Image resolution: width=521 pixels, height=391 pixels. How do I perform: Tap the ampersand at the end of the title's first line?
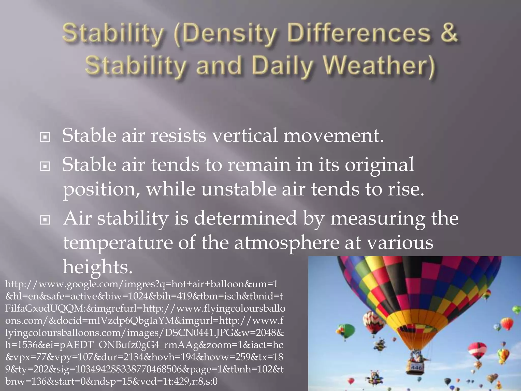pos(449,33)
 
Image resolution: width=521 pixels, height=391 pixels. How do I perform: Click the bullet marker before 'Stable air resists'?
pos(45,137)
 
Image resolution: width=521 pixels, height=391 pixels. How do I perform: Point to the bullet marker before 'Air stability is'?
pos(45,220)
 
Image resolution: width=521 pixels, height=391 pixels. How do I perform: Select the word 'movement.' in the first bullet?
pos(333,135)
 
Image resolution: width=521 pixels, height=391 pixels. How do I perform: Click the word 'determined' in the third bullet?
pos(245,218)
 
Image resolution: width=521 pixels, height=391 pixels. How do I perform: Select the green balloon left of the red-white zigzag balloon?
pos(346,330)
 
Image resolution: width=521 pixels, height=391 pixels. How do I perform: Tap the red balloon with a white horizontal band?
pos(477,350)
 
